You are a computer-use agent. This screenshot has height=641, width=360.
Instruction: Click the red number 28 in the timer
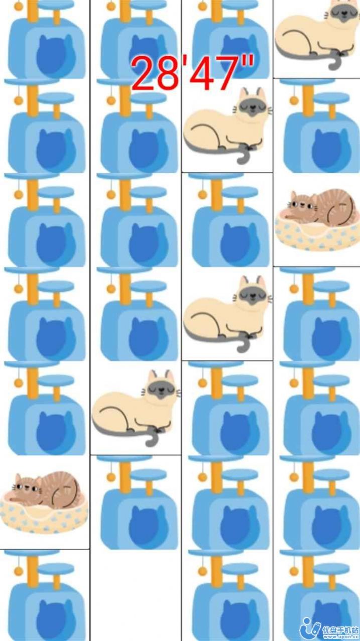(155, 73)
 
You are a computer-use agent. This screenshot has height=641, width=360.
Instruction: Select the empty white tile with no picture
(136, 595)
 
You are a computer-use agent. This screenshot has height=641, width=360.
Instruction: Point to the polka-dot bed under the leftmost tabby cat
(43, 517)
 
